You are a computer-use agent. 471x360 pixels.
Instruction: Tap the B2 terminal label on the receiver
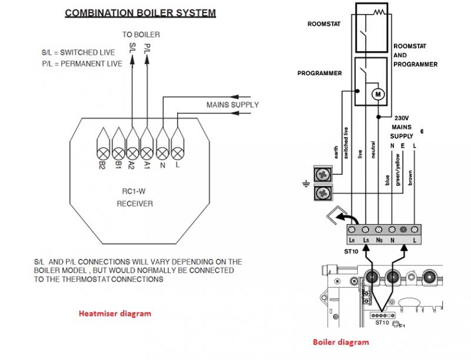pyautogui.click(x=102, y=166)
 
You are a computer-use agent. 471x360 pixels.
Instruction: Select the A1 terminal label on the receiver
pyautogui.click(x=147, y=166)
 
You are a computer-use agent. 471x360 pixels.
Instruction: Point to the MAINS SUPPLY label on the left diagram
pyautogui.click(x=233, y=104)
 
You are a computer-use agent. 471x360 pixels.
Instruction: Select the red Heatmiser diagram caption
pyautogui.click(x=115, y=314)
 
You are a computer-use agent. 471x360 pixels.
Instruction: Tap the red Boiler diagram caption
pyautogui.click(x=340, y=342)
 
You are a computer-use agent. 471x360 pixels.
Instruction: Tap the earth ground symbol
pyautogui.click(x=306, y=184)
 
